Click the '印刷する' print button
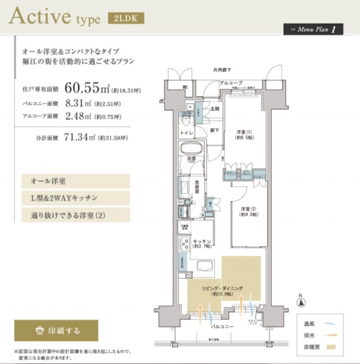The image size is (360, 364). click(56, 331)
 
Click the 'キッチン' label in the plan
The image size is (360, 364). click(201, 241)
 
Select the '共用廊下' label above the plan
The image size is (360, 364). click(223, 70)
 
